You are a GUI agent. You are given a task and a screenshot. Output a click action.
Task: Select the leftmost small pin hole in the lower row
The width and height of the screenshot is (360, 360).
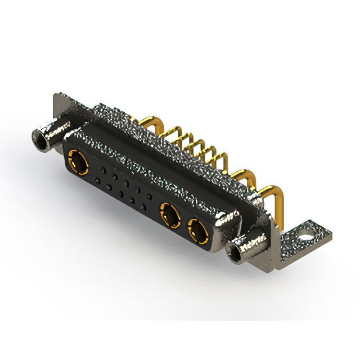coord(97,181)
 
